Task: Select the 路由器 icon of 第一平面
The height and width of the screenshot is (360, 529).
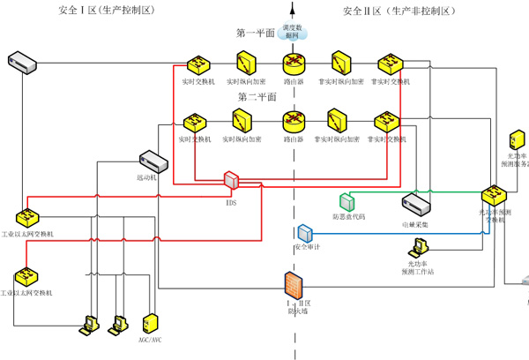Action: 294,64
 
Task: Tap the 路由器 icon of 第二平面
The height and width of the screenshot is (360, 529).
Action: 294,121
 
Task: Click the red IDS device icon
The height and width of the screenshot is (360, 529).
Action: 231,180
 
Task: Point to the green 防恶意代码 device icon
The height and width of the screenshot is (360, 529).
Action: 346,201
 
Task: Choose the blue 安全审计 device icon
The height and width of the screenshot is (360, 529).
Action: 305,233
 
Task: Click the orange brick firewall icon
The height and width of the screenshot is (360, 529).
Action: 294,284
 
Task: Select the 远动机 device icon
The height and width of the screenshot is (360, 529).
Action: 153,161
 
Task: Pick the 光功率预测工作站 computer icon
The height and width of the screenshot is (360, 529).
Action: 417,248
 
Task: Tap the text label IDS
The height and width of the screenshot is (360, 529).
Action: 231,201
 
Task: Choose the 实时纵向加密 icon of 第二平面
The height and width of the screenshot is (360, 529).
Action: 240,121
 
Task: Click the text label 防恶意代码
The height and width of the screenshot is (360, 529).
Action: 348,216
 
